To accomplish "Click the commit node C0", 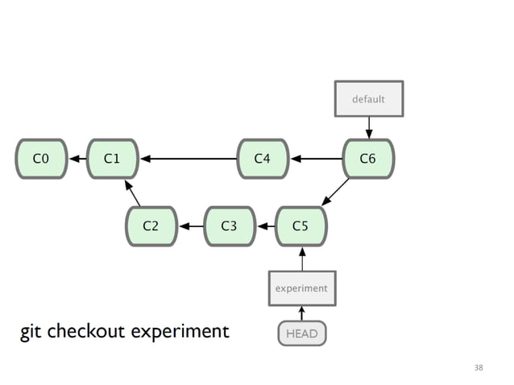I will tap(40, 159).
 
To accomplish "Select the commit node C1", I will tap(112, 159).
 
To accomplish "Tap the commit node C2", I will tap(151, 226).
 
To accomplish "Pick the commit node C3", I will tap(229, 226).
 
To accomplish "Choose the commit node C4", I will tap(263, 159).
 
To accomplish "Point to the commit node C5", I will tap(301, 226).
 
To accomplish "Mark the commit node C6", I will tap(367, 159).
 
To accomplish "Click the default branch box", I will tap(368, 99).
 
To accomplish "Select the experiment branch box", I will tap(301, 288).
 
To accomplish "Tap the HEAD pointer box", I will tap(301, 333).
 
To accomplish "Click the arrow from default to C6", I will tap(368, 127).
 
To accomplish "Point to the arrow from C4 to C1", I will tap(189, 159).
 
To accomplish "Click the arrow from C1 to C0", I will tap(77, 159).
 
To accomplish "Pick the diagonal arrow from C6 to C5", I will tap(335, 192).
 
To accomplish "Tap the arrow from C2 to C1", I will tap(132, 194).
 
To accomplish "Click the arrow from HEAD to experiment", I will tap(301, 313).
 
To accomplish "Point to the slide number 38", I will tap(479, 367).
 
